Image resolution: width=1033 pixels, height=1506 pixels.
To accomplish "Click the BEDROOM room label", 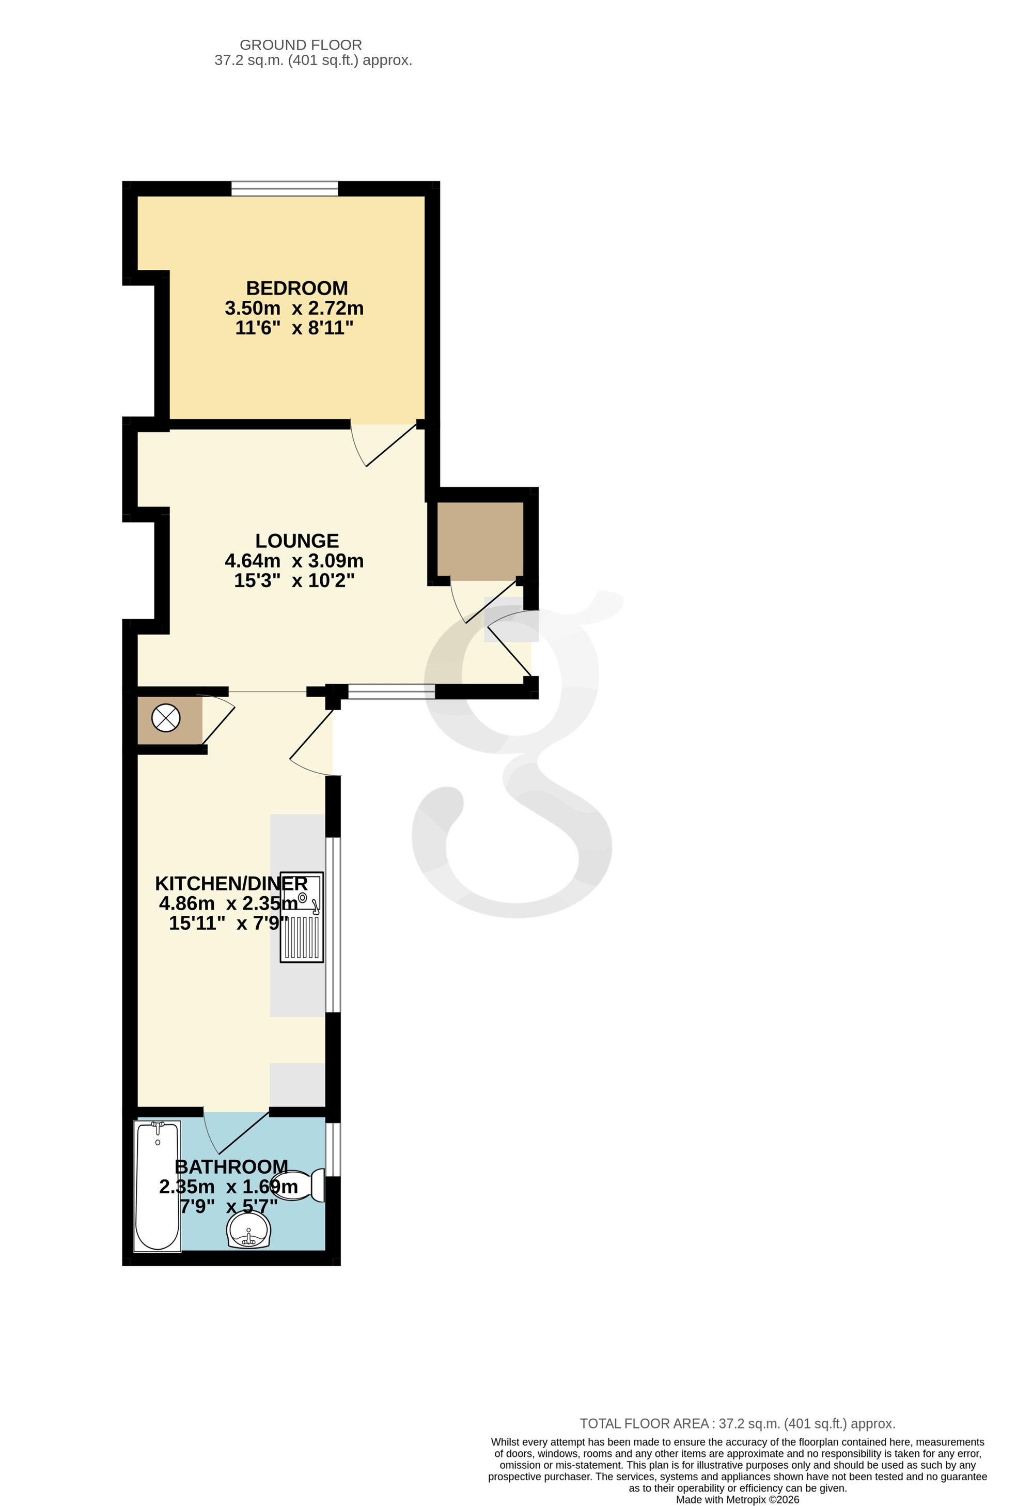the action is tap(296, 288).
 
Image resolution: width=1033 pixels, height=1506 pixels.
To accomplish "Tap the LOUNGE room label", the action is tap(296, 541).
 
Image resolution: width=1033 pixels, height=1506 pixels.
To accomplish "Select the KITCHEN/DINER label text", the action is tap(231, 883).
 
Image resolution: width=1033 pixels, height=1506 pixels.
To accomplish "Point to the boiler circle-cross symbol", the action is tap(166, 718).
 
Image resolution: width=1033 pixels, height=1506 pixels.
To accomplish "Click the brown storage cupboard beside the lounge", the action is tap(480, 541).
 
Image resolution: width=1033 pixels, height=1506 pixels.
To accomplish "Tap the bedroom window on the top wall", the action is tap(285, 189).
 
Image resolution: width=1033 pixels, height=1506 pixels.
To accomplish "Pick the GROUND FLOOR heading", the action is tap(301, 45).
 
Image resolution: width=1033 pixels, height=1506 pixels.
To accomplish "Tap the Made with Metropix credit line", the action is tap(738, 1499).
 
